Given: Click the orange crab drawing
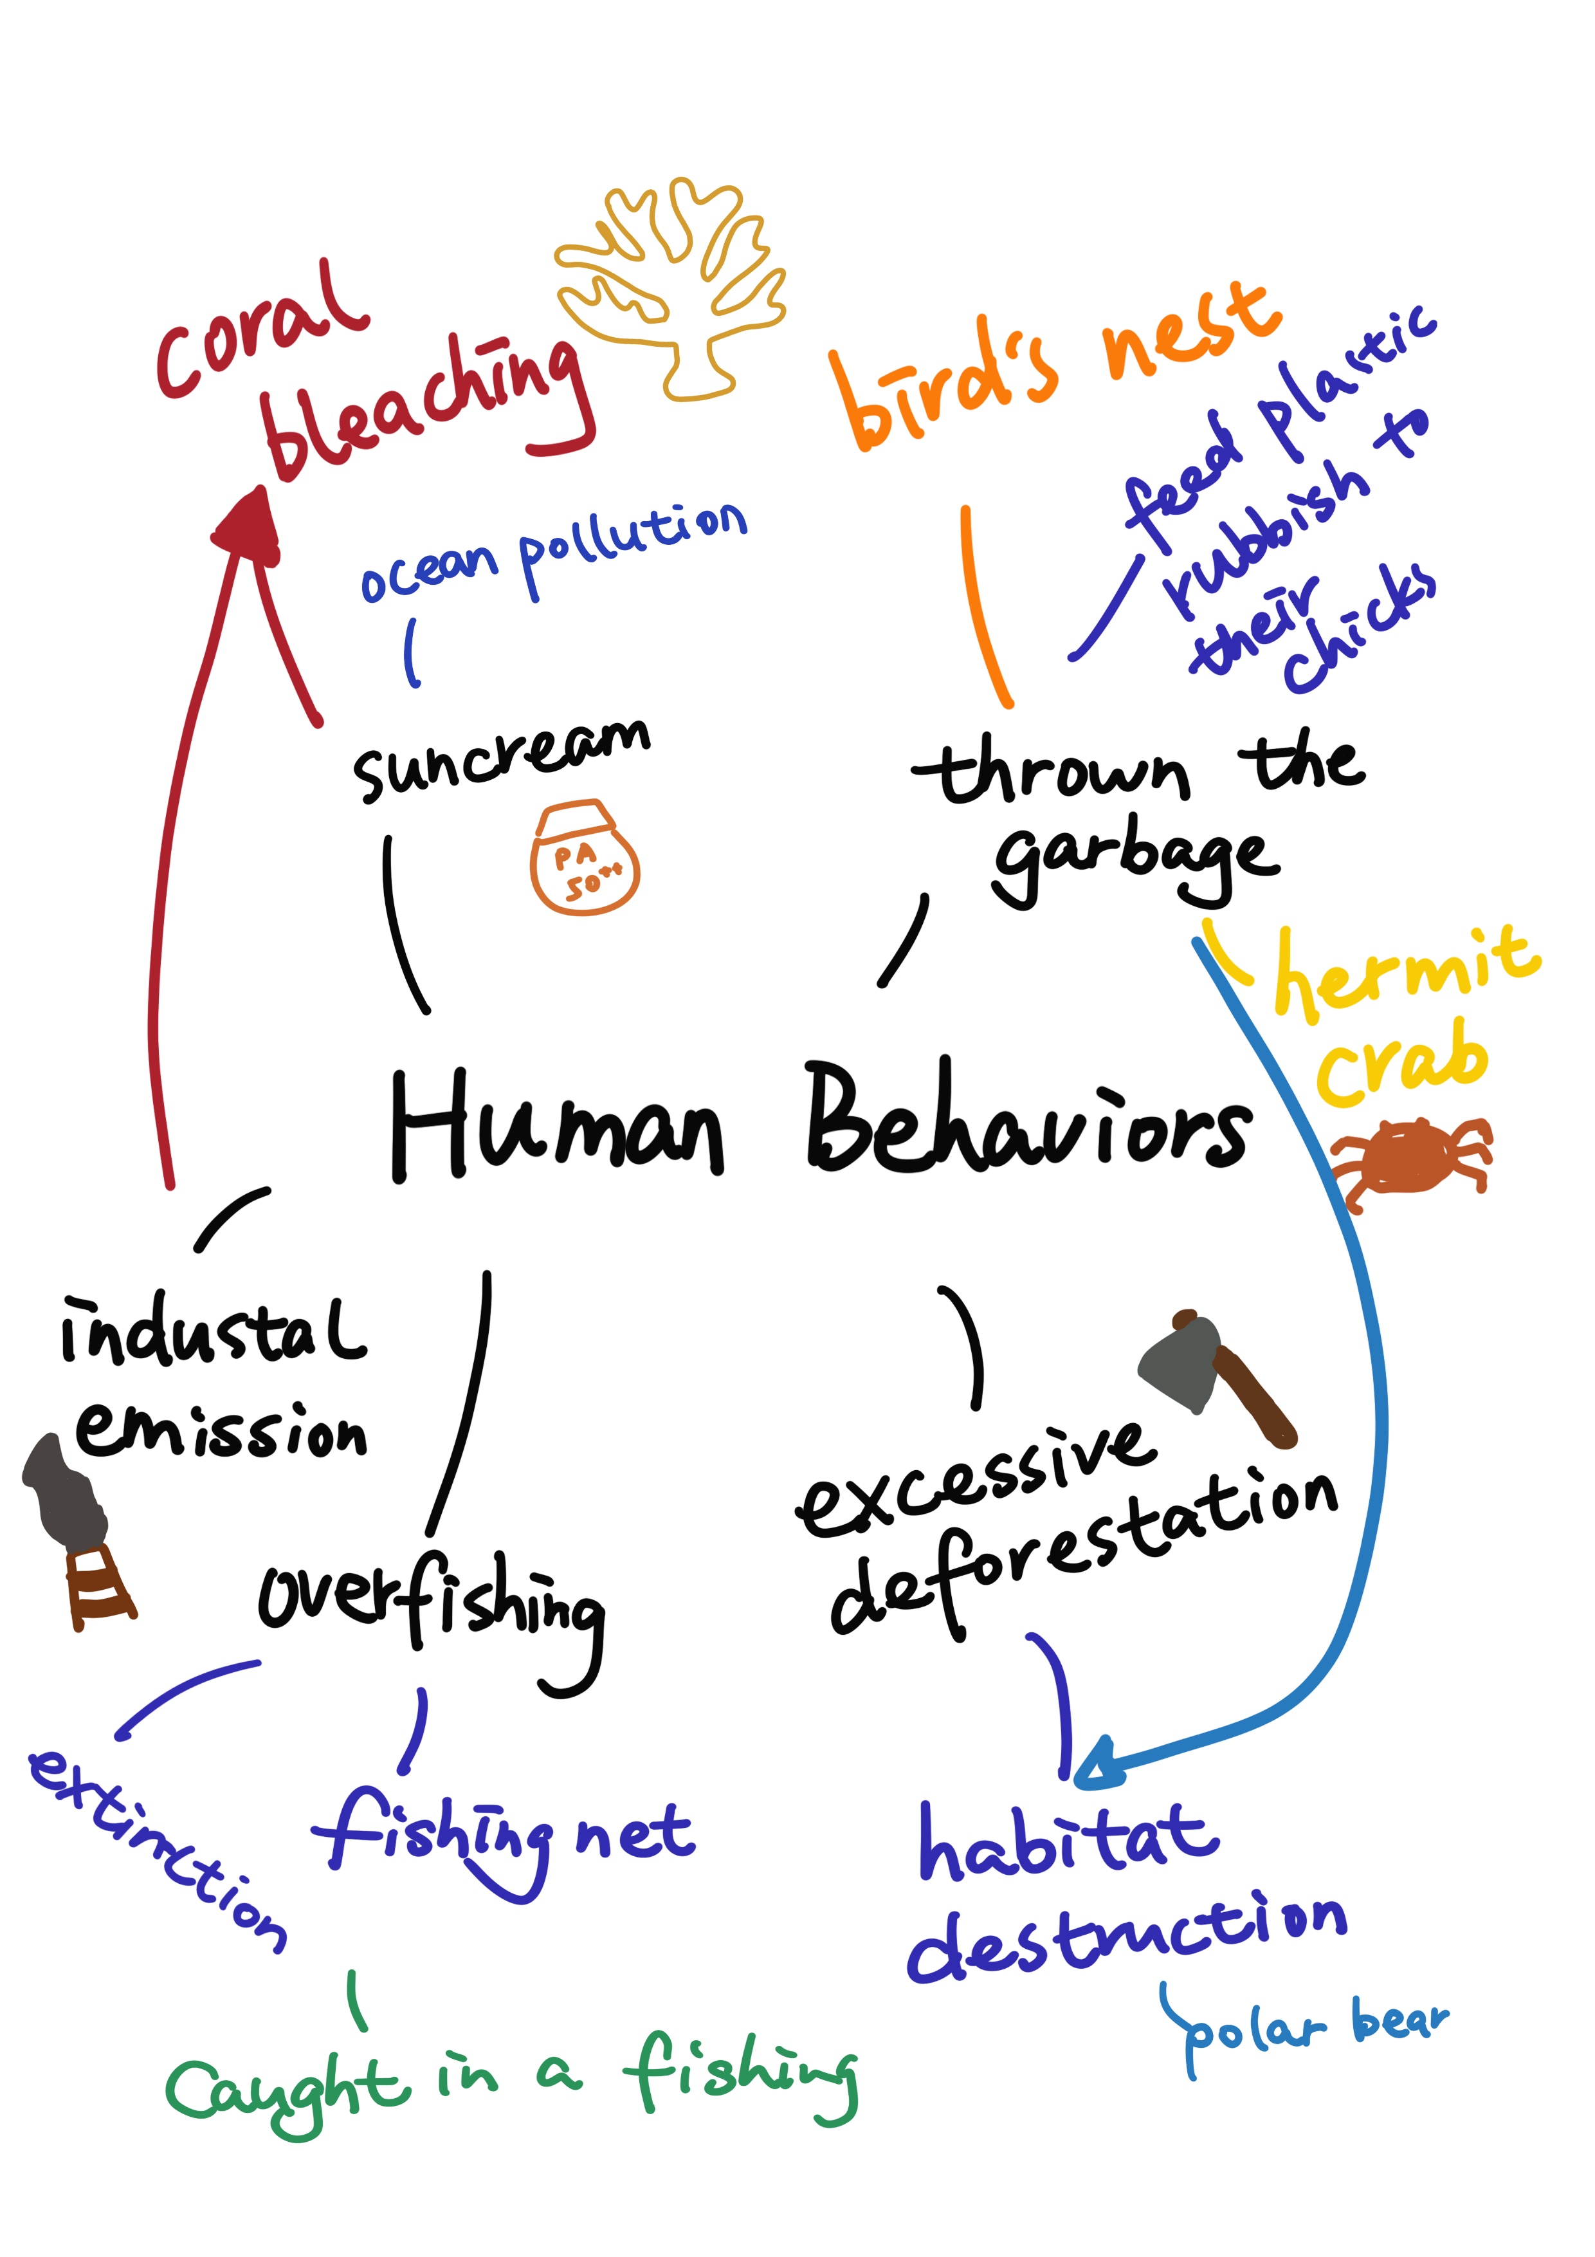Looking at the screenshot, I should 1411,1159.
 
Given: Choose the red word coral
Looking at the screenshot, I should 260,334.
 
